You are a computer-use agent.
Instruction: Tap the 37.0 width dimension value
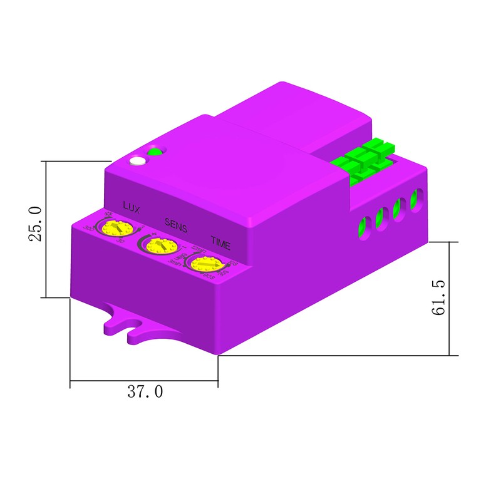point(145,392)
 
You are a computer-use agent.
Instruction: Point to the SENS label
point(175,223)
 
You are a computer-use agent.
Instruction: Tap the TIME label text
point(220,240)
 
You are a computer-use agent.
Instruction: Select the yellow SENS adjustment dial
point(157,245)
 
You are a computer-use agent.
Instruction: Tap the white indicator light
point(137,162)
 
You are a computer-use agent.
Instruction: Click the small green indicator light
point(154,151)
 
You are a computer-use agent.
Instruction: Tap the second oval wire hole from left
point(380,219)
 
